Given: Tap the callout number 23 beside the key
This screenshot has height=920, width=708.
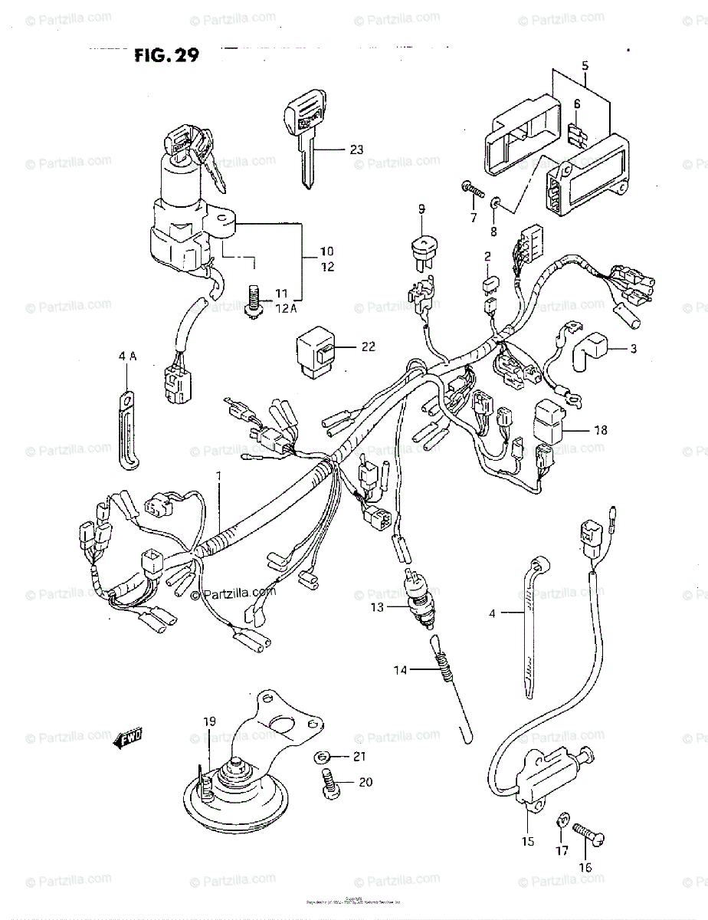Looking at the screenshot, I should tap(356, 149).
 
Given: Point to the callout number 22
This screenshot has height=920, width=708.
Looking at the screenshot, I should tap(369, 347).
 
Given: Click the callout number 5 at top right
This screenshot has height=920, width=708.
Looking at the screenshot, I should tap(585, 66).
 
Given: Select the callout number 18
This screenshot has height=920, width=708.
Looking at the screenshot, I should tap(600, 430).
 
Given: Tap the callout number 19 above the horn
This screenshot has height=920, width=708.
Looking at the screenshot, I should tap(209, 721).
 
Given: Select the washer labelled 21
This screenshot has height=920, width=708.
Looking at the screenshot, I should tap(323, 758).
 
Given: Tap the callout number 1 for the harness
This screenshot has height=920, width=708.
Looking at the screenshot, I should tap(218, 475).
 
